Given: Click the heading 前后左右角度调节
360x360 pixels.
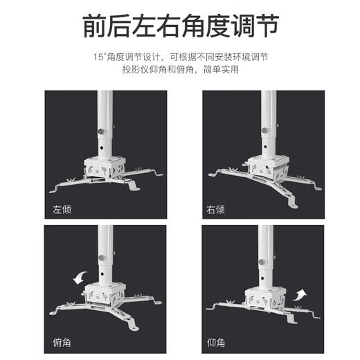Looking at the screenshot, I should click(x=180, y=26).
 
